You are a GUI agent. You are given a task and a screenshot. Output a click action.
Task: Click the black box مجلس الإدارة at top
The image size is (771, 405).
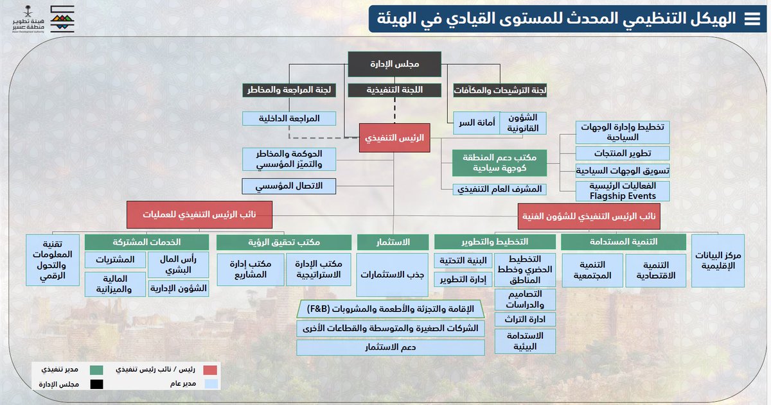coord(394,64)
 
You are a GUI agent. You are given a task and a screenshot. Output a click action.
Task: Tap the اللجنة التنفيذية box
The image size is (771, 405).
coord(394,90)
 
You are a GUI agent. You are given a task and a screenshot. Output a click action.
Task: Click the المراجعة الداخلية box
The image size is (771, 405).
coord(290,118)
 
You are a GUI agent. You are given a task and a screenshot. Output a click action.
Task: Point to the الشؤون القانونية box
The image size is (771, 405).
coord(523,123)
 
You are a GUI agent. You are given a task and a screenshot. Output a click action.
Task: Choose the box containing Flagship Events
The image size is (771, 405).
coord(622,191)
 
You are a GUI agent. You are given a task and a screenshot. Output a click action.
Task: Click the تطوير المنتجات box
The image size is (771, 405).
coord(622,153)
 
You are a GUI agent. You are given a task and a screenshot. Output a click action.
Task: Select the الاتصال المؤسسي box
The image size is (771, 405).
coord(290,186)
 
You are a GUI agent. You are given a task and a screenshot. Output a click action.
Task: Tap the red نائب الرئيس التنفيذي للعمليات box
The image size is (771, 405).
coord(200,214)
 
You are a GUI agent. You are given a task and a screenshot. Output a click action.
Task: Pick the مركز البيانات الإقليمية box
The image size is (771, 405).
coord(717,261)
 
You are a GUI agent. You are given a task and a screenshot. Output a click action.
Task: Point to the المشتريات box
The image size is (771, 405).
coord(114,260)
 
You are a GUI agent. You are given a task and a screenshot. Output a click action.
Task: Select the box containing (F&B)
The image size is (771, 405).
coord(391,309)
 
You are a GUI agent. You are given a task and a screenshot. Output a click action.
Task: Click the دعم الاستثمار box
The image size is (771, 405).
coord(391,347)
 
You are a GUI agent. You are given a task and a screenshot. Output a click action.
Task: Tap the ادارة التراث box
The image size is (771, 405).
coord(525,319)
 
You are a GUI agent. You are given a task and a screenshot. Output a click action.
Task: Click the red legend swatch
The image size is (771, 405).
coord(210,370)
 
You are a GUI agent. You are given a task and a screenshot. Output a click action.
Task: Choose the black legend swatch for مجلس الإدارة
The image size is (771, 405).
coord(96,385)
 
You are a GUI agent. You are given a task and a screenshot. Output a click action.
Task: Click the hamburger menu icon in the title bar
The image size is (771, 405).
coord(750,19)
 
